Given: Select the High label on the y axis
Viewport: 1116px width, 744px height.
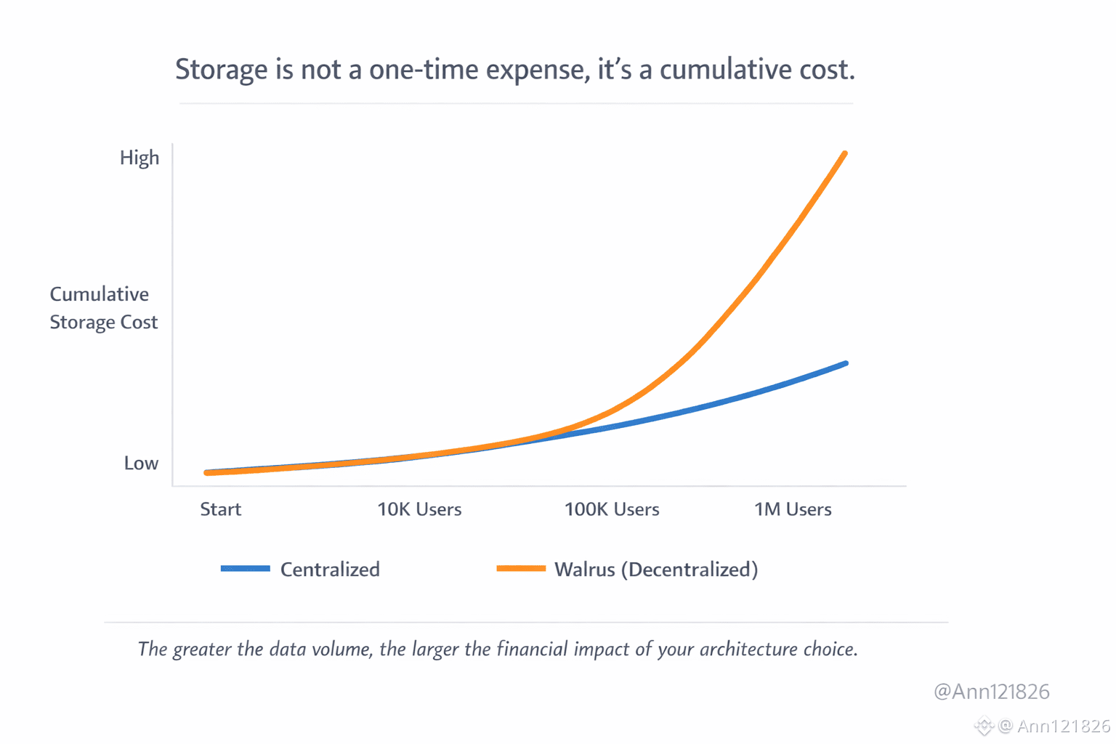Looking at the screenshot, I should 139,158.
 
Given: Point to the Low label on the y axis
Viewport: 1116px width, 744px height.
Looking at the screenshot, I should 141,463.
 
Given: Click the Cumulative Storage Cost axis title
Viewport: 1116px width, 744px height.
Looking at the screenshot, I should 103,308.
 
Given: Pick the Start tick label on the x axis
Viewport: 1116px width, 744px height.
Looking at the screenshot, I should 220,509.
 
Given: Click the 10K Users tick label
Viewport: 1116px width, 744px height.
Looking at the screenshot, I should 419,509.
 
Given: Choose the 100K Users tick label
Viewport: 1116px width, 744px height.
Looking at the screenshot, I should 612,509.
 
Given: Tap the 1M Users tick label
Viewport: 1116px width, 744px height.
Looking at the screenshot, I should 793,509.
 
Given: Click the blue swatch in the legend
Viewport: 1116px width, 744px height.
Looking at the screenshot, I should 246,568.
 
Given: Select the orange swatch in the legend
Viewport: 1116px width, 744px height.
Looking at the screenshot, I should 521,568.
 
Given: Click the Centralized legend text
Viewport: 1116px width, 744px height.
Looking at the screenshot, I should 330,569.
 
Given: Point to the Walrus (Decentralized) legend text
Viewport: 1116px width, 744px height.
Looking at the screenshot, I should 656,569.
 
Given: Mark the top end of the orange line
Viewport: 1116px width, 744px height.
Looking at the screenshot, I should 844,154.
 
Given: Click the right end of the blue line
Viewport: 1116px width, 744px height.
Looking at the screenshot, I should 846,363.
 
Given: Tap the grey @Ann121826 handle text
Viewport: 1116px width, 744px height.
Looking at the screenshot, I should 991,691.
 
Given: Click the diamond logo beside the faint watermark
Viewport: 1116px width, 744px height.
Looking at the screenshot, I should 984,725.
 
